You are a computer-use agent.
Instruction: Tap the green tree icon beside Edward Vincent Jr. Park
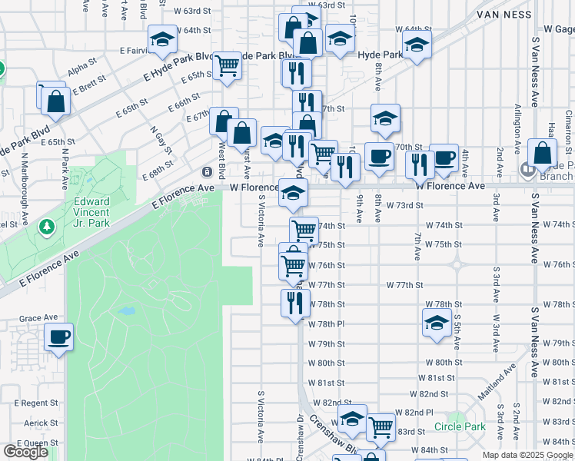point(48,227)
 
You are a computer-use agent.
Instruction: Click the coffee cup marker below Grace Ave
point(58,337)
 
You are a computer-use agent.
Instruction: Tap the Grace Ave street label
point(38,317)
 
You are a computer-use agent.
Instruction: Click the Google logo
point(25,452)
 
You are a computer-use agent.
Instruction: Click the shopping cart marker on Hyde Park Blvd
point(227,65)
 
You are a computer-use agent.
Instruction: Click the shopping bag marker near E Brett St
point(55,99)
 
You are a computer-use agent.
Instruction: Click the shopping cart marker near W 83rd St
point(381,426)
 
